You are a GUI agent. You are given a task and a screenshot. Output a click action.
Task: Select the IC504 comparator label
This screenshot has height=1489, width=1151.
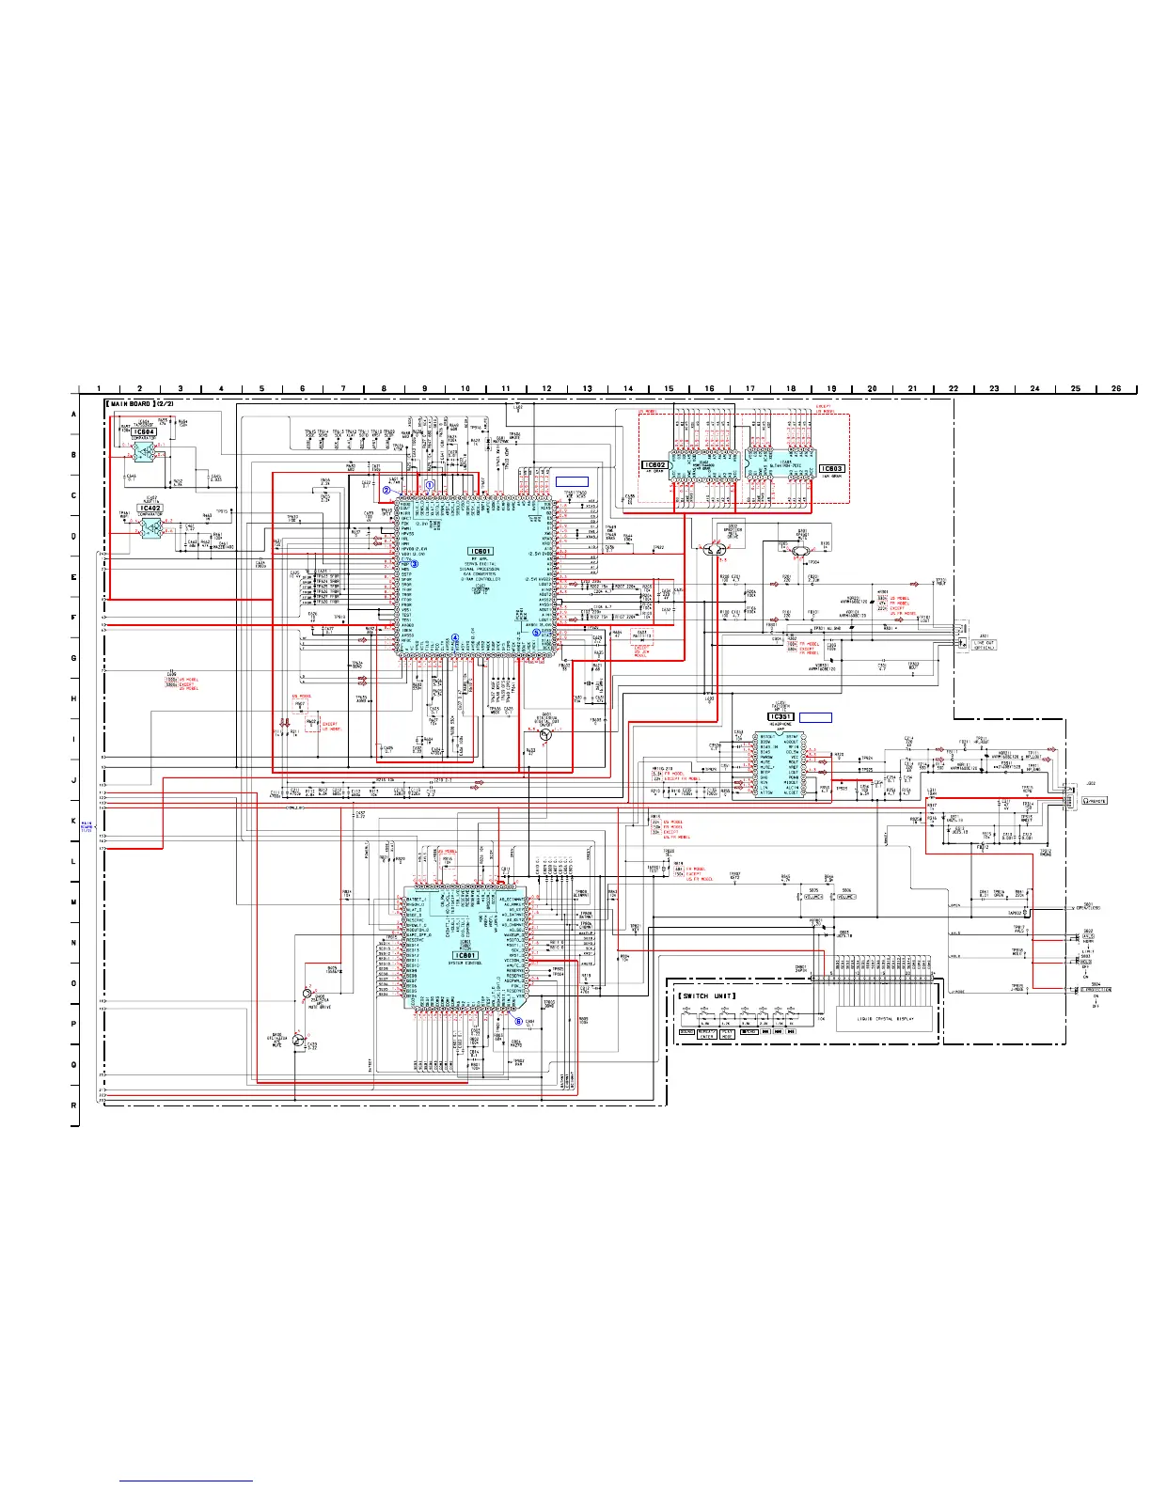click(145, 431)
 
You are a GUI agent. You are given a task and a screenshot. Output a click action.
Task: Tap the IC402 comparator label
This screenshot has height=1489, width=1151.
click(150, 508)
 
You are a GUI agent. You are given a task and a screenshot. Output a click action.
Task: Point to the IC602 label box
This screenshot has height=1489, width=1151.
click(654, 465)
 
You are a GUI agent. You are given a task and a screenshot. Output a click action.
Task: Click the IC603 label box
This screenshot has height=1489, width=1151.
click(831, 468)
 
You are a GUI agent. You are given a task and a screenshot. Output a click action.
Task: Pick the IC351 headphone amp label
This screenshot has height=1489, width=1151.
click(781, 717)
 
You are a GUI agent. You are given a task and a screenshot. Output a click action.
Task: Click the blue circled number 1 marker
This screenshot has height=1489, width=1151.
click(430, 484)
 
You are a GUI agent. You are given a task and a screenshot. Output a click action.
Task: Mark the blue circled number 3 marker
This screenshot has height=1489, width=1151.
click(414, 563)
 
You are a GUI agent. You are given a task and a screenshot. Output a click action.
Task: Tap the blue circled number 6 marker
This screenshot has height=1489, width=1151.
click(518, 1022)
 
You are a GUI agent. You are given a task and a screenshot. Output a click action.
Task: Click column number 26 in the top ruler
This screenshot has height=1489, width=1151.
click(1116, 388)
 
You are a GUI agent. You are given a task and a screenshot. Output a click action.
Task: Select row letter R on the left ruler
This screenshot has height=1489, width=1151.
click(74, 1105)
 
